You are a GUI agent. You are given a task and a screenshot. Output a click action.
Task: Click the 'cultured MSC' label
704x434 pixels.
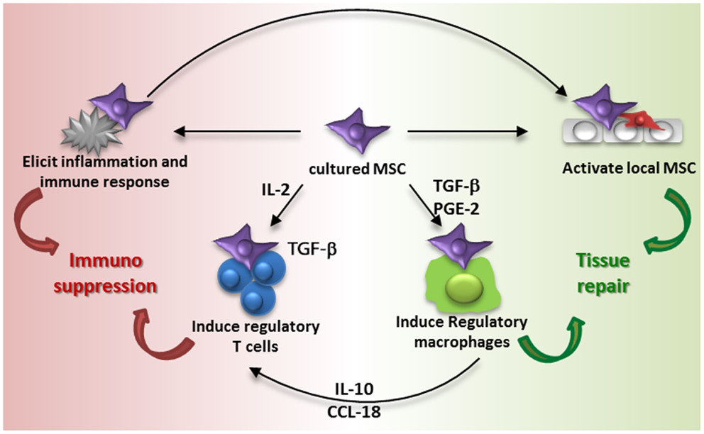353,170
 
